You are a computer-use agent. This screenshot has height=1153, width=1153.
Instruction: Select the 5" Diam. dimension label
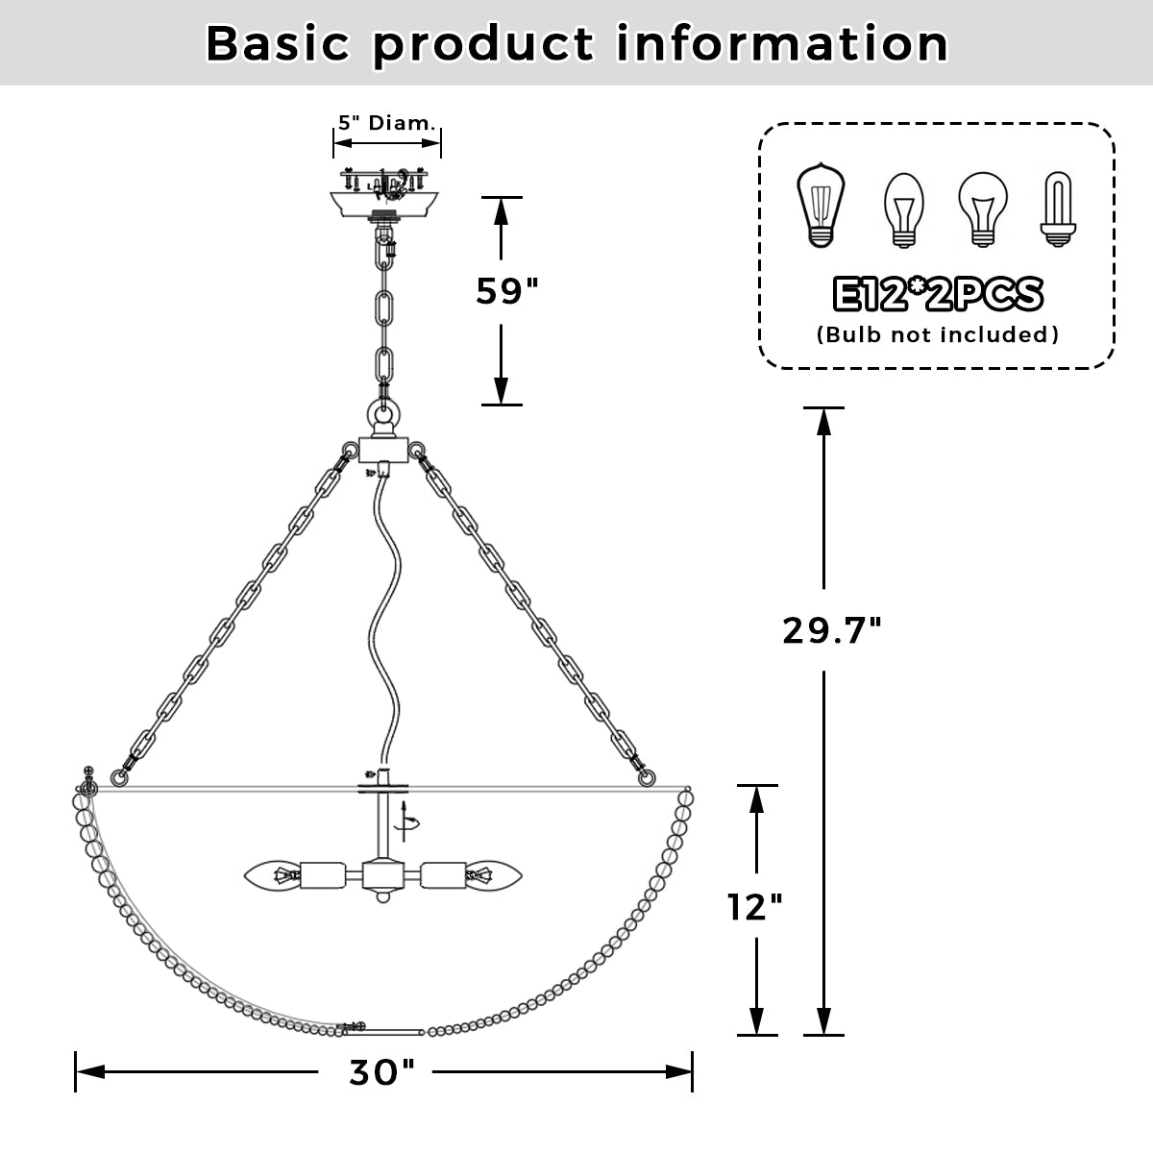[x=387, y=124]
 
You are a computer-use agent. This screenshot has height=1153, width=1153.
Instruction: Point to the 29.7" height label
[x=832, y=630]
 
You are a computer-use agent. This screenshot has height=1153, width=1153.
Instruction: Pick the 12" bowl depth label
[x=754, y=906]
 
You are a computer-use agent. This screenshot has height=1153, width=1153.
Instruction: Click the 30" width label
[x=381, y=1072]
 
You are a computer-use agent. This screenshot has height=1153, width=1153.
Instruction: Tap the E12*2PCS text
[x=937, y=295]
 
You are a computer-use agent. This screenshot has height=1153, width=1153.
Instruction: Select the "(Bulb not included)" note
[x=937, y=334]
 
